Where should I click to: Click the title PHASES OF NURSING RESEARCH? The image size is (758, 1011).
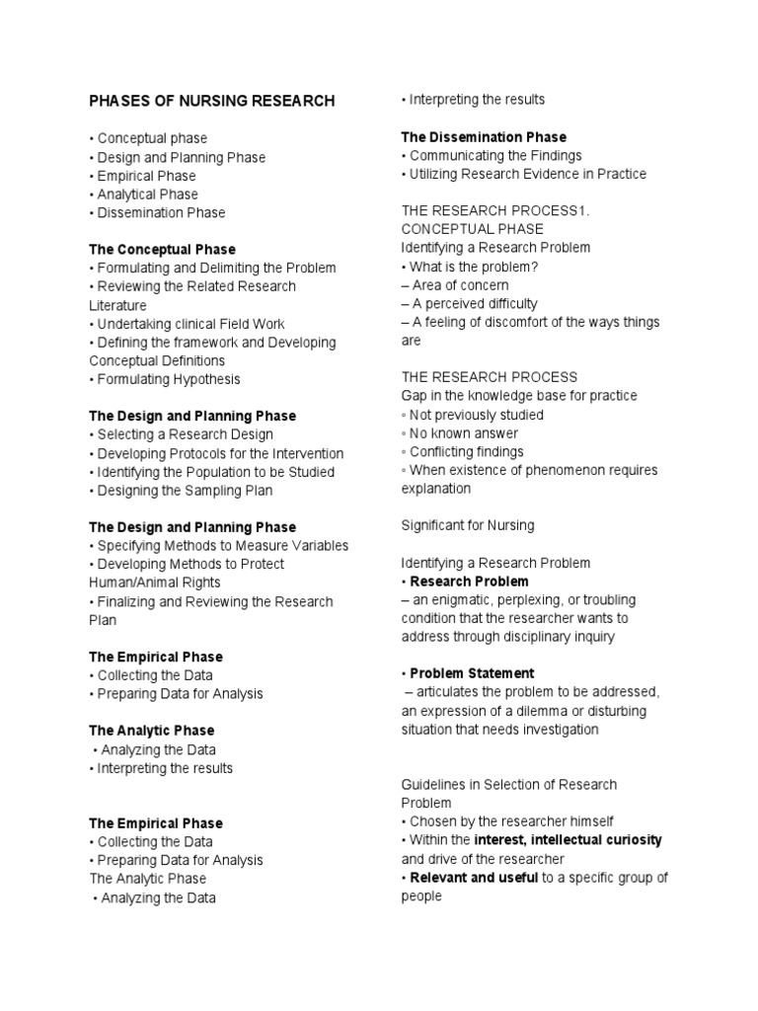pyautogui.click(x=212, y=101)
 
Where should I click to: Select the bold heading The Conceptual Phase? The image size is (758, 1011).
pyautogui.click(x=162, y=250)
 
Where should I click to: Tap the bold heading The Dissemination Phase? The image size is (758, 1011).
pyautogui.click(x=484, y=137)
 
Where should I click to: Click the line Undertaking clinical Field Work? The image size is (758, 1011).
pyautogui.click(x=190, y=324)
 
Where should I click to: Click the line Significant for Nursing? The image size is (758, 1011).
pyautogui.click(x=467, y=526)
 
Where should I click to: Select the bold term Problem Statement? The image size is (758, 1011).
pyautogui.click(x=472, y=673)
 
